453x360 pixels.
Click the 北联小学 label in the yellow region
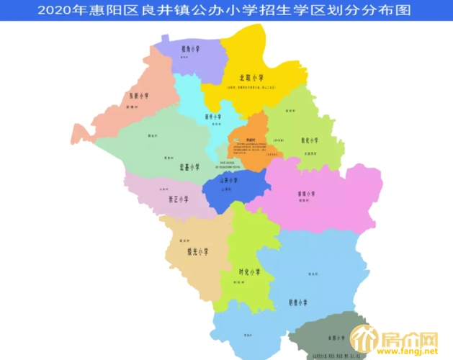tap(251, 77)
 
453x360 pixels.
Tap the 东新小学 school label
tap(139, 96)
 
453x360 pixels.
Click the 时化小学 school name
tap(249, 272)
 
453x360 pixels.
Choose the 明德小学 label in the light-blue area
tap(298, 303)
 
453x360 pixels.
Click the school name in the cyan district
tap(213, 115)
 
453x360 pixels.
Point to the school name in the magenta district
tap(307, 194)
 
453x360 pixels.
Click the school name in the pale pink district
tap(178, 199)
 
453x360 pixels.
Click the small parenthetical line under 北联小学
tap(251, 86)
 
